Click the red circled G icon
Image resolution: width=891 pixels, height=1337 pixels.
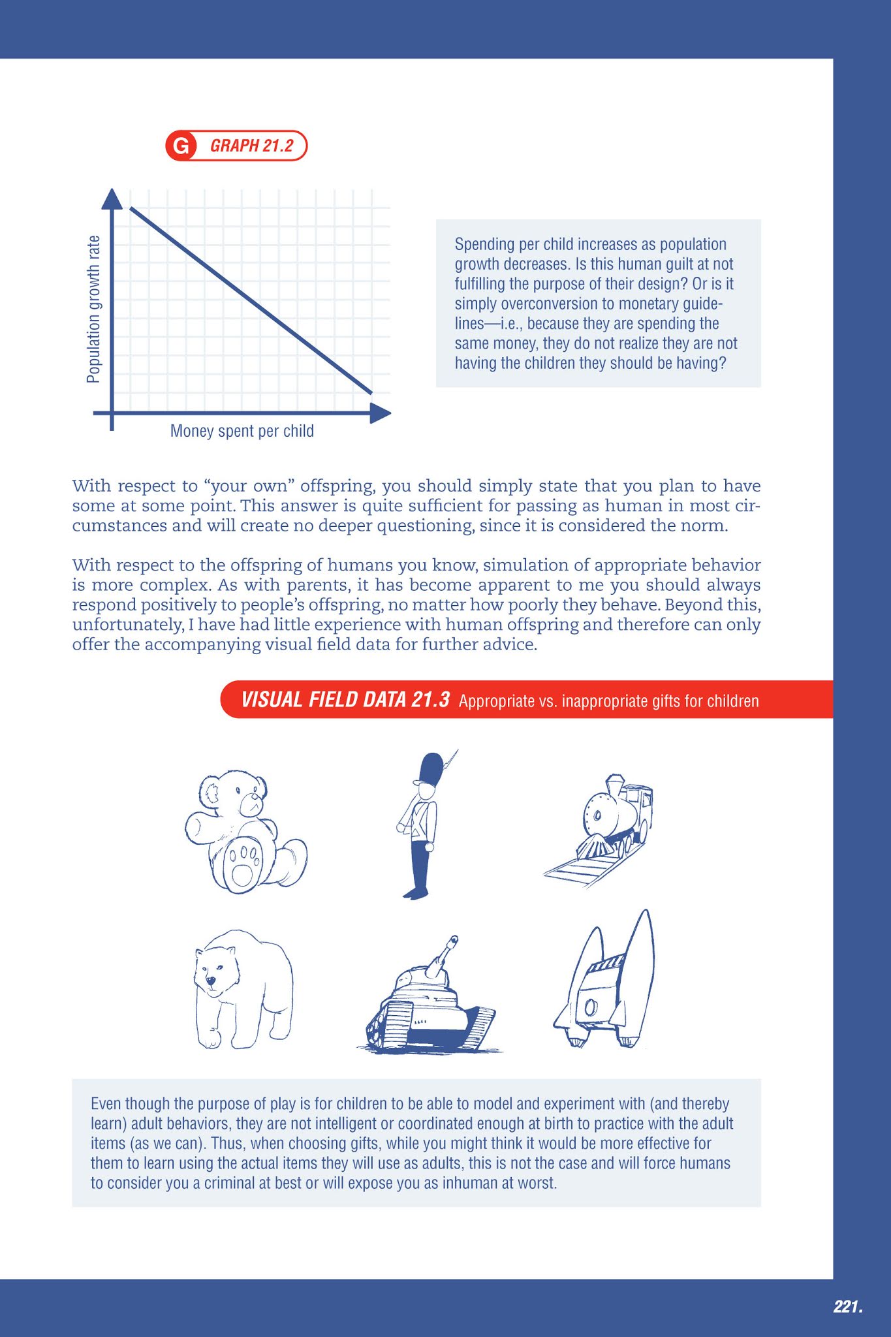coord(180,146)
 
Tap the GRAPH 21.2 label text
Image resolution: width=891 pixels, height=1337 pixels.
coord(251,146)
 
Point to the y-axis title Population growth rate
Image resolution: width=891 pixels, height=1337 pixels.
coord(94,309)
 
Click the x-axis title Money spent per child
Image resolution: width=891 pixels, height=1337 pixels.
coord(242,431)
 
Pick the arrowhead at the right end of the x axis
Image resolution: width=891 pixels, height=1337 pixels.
coord(381,413)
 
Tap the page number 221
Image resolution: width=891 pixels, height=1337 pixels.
coord(847,1306)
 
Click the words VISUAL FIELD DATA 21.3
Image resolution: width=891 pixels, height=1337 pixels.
coord(345,700)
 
